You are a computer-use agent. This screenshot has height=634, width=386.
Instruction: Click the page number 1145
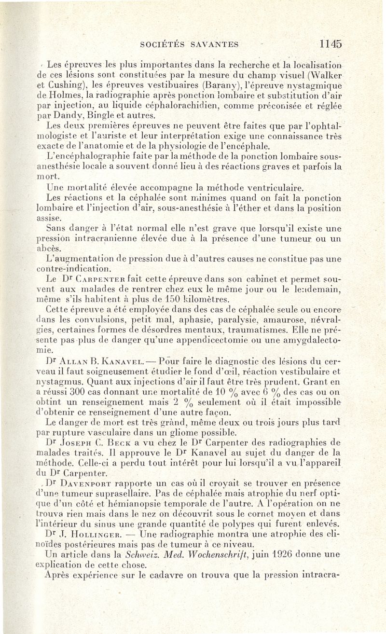coord(331,44)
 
